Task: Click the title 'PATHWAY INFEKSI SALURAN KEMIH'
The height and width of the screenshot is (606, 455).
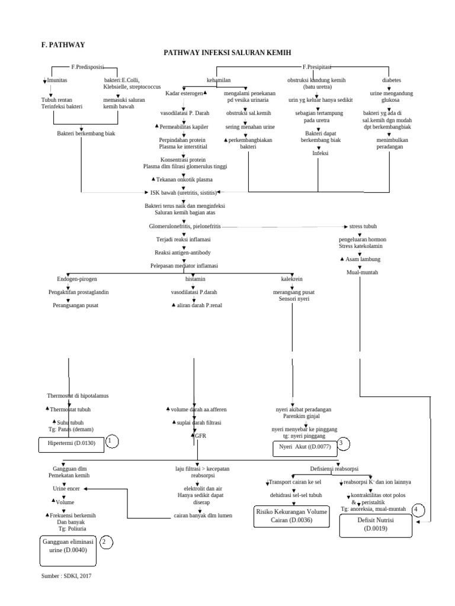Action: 227,53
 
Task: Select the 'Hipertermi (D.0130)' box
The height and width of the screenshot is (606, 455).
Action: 71,443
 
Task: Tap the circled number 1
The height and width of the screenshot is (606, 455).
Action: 112,441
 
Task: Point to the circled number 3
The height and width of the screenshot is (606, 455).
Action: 342,443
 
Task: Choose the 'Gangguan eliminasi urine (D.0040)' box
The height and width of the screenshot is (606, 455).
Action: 67,546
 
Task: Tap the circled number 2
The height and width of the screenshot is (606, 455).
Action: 106,541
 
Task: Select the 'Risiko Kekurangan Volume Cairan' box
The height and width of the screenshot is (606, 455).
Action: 292,515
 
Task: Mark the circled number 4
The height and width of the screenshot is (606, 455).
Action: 419,510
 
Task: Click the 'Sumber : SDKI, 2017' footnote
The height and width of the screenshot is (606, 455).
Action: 66,575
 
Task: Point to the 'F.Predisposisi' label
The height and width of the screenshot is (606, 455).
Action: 87,67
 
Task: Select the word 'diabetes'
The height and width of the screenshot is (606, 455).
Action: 392,79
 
